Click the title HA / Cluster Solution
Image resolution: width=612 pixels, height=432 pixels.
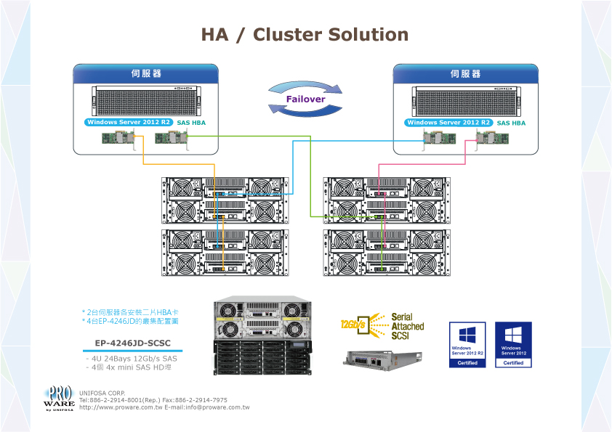point(305,35)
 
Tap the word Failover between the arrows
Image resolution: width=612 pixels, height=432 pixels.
point(305,99)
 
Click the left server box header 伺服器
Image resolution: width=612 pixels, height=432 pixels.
point(145,74)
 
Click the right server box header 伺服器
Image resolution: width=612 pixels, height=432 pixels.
point(465,74)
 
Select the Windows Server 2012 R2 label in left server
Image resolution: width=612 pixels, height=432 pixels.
point(129,123)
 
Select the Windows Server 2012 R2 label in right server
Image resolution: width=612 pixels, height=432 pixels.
point(449,123)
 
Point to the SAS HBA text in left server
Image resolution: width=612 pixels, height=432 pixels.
point(191,123)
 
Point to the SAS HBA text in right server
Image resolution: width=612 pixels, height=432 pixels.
point(511,123)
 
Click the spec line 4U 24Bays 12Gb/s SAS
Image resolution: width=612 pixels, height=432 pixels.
point(132,358)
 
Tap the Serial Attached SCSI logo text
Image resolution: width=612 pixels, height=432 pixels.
point(407,327)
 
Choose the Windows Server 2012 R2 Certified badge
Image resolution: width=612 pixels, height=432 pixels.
point(467,344)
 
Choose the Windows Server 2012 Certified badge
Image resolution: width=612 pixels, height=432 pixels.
point(513,344)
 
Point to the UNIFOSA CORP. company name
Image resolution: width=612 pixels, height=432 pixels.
point(102,393)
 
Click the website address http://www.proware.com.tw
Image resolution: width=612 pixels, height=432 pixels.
point(121,407)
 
